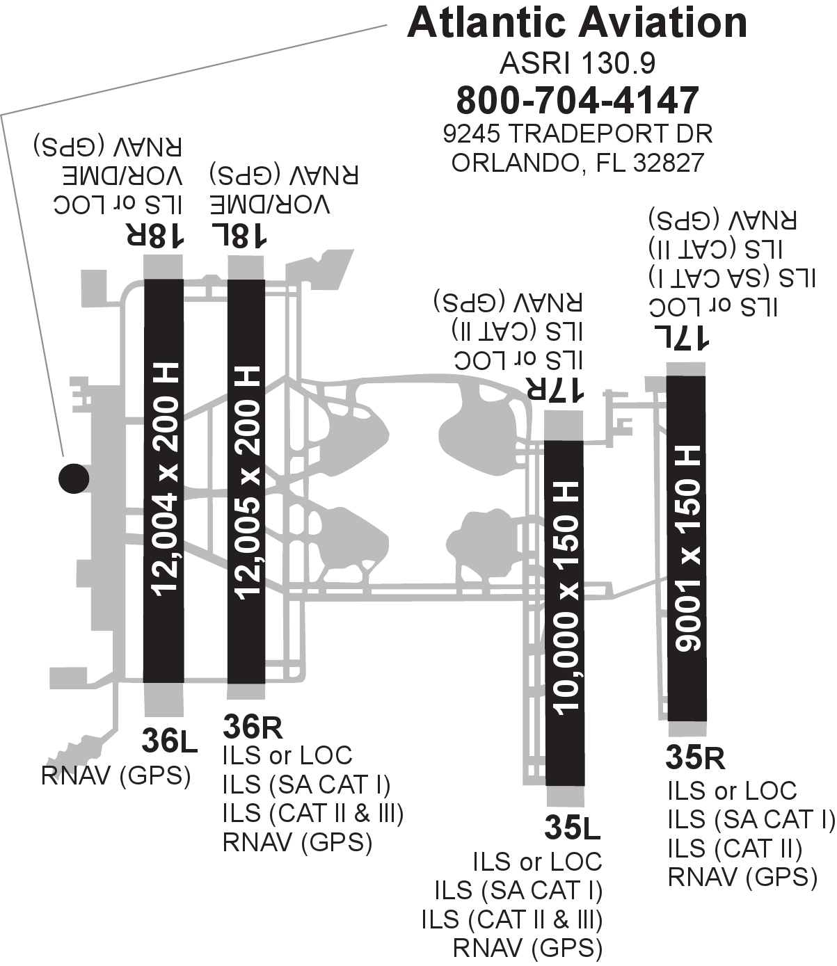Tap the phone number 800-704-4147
tap(577, 100)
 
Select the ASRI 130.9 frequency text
tap(577, 64)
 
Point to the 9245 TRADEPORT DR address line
tap(577, 133)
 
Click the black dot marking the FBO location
tap(73, 478)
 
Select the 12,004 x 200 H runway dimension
tap(164, 480)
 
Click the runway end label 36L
tap(170, 742)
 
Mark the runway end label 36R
tap(253, 727)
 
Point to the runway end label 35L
tap(572, 828)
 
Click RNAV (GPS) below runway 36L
tap(116, 775)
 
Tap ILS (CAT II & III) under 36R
tap(313, 813)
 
